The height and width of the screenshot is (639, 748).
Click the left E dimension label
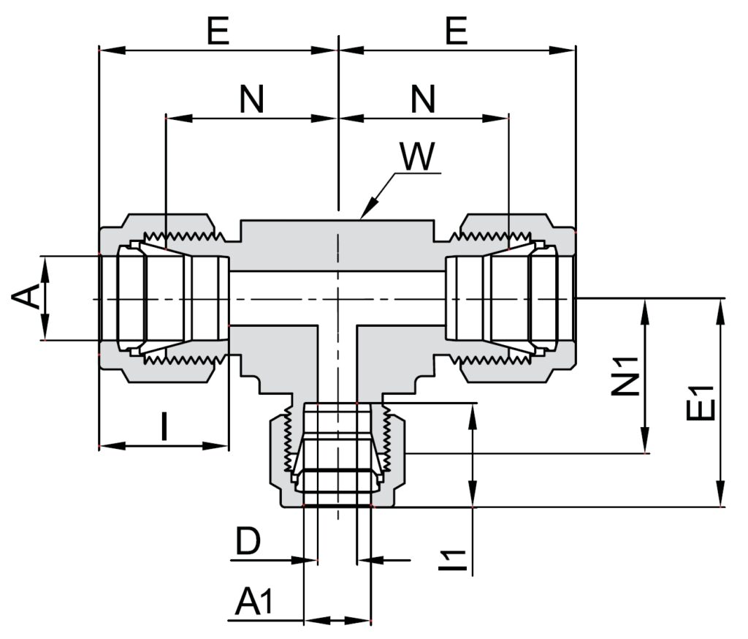coord(218,31)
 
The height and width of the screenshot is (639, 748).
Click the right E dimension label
coord(457,31)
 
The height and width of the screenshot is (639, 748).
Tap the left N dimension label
coord(251,99)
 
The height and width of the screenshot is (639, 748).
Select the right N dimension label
coord(423,99)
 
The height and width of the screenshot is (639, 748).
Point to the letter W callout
coord(417,156)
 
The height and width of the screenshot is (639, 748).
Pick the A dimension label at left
coord(26,296)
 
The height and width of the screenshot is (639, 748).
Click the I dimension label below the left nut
coord(164,426)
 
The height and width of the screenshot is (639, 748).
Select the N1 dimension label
coord(625,377)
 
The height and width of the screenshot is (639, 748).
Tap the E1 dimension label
coord(701,402)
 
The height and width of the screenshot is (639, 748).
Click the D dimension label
coord(248,541)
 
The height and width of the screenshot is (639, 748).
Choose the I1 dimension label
coord(451,561)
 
